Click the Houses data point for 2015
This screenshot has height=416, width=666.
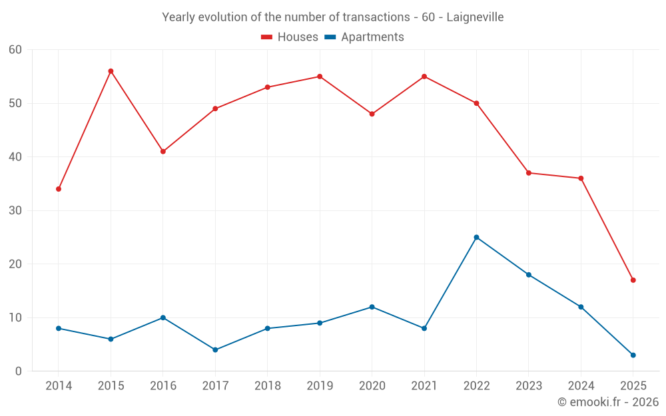111,71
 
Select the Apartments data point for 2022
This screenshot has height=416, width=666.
476,237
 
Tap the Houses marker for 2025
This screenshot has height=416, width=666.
633,280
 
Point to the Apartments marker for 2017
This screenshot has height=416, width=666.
215,349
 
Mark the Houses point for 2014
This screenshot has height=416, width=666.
59,189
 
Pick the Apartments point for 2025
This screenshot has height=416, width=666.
633,355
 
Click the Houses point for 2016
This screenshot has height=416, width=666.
163,151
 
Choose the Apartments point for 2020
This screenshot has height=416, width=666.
372,307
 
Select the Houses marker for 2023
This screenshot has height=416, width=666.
529,173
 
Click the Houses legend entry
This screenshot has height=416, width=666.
290,37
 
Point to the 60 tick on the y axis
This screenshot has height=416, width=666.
15,50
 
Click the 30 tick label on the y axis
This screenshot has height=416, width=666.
15,210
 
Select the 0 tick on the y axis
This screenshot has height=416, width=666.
19,371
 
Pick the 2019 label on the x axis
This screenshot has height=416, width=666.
320,386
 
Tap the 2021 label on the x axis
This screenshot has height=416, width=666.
424,386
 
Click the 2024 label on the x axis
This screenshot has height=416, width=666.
581,386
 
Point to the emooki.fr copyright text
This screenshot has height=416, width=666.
608,402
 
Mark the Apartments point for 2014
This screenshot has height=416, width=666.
59,328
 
